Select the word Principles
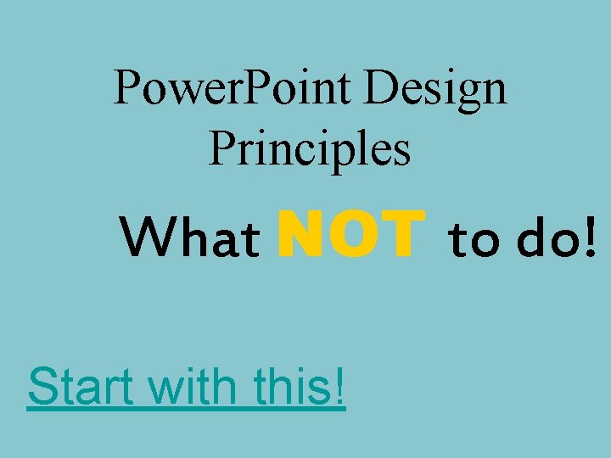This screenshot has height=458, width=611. coord(309,148)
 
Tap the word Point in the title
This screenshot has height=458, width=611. coord(284,88)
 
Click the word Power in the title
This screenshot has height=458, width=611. coord(165,88)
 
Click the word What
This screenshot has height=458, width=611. coord(190,239)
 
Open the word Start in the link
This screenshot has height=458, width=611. coord(80,387)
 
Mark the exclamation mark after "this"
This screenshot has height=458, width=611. coord(339,387)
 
